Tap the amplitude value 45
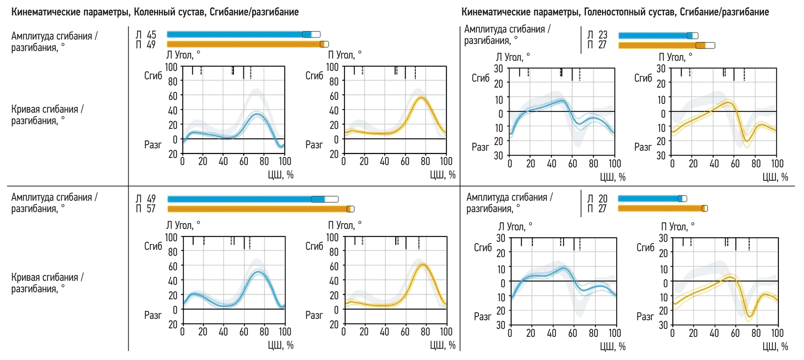(151, 35)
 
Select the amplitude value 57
(151, 209)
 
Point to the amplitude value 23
(602, 35)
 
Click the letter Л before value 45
(138, 35)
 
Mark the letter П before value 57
(138, 209)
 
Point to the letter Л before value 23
(590, 35)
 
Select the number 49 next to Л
(151, 199)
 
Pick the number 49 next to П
(151, 45)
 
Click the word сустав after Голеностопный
(663, 12)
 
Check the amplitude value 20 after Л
(603, 199)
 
